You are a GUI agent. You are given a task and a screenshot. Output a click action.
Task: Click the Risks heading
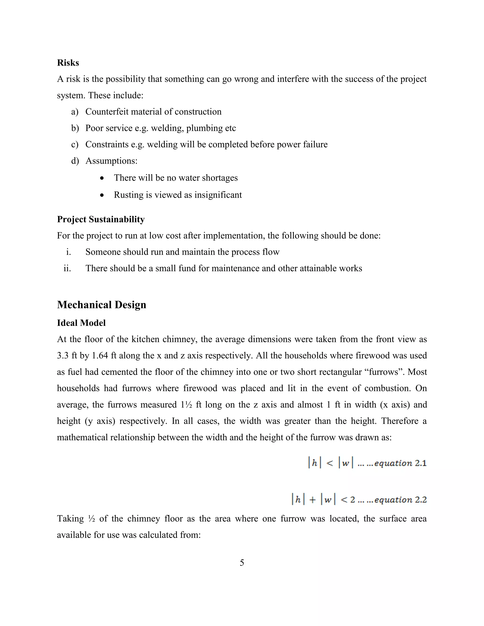pyautogui.click(x=68, y=63)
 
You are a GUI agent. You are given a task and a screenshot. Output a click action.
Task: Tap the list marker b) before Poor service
pyautogui.click(x=75, y=128)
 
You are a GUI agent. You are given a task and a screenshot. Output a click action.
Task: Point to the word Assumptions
pyautogui.click(x=111, y=161)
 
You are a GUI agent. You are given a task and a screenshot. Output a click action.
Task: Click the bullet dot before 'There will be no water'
pyautogui.click(x=102, y=178)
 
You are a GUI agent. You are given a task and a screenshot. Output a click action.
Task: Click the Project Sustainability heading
pyautogui.click(x=101, y=219)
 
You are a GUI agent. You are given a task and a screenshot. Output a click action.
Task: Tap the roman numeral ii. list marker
pyautogui.click(x=67, y=268)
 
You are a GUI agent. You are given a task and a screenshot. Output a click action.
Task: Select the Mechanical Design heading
pyautogui.click(x=101, y=305)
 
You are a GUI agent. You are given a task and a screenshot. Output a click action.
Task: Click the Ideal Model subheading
pyautogui.click(x=81, y=323)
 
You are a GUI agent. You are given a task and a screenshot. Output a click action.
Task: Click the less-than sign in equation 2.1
pyautogui.click(x=330, y=463)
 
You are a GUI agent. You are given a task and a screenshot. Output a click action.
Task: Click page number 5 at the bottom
pyautogui.click(x=242, y=563)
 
